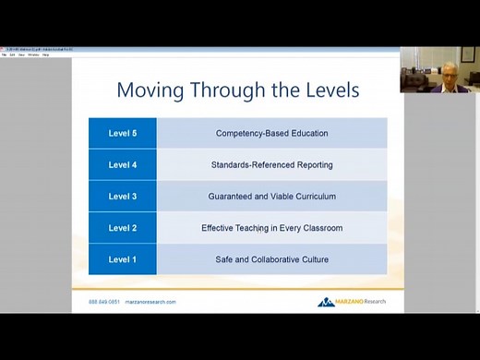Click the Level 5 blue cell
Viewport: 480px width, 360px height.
point(123,133)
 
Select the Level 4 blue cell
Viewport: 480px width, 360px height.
point(123,164)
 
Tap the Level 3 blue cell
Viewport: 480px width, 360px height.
point(123,196)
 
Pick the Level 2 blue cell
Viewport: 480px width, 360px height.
point(123,228)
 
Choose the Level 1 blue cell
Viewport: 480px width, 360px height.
point(123,259)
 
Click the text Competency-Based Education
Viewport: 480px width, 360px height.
point(271,133)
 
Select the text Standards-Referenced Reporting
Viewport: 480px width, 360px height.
point(271,164)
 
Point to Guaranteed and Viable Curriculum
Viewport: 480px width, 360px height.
point(271,196)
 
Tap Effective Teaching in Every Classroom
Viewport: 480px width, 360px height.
point(271,228)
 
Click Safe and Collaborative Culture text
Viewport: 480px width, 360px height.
point(271,259)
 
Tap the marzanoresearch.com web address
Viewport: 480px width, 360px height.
point(150,302)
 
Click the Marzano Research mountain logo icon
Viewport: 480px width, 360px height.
point(327,302)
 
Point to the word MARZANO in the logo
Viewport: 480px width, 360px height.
point(351,302)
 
